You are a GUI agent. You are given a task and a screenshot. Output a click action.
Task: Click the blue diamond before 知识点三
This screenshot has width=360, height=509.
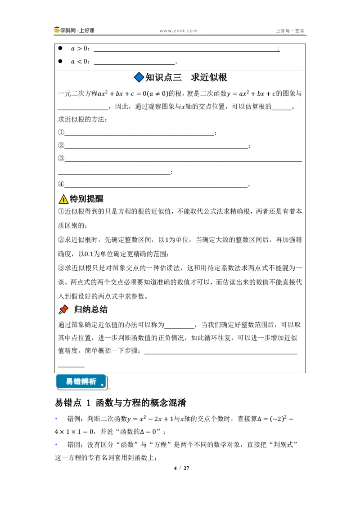point(139,77)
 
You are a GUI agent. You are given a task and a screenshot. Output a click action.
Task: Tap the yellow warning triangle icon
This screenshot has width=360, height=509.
point(63,199)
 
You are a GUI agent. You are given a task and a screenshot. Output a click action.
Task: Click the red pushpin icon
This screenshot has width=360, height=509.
point(63,309)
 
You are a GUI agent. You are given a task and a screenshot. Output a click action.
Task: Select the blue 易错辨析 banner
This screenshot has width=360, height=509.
point(81,381)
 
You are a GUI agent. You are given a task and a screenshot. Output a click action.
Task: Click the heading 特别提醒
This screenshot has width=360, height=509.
point(86,199)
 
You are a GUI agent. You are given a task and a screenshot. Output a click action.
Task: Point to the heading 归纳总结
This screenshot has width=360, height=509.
point(90,309)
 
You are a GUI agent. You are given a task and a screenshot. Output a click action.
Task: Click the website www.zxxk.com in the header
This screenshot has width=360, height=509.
point(178,31)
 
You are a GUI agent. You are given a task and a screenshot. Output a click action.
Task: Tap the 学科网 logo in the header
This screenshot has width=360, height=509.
point(74,30)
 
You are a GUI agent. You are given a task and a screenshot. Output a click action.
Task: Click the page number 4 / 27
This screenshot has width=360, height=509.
point(182,468)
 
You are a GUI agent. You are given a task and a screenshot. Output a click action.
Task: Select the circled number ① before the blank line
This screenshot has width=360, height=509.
point(61,132)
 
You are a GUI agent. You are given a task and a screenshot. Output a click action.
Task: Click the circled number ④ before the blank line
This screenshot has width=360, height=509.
point(61,184)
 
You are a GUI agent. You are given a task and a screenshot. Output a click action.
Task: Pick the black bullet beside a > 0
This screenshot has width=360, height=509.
point(60,48)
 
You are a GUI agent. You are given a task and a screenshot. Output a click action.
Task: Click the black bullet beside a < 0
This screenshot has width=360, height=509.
point(60,61)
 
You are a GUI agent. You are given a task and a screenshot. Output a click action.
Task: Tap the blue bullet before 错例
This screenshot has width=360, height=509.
point(56,419)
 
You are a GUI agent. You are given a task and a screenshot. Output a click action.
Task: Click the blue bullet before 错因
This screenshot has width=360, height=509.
point(56,444)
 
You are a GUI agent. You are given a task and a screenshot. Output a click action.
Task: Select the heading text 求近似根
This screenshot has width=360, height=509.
point(209,77)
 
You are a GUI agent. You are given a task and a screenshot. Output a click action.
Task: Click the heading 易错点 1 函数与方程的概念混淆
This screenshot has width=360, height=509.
point(121,402)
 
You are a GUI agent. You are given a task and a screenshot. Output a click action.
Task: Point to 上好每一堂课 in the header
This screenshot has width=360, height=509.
point(290,31)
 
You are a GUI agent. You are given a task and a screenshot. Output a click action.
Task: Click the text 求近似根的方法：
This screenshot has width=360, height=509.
point(82,120)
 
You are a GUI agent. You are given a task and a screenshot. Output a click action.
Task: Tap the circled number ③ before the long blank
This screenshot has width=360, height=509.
point(61,158)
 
